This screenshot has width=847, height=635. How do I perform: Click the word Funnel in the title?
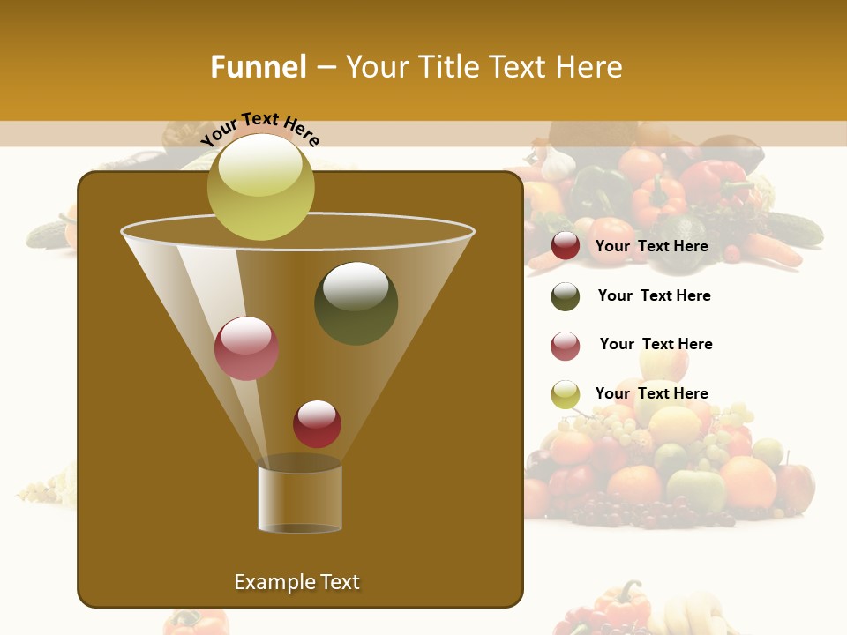(x=258, y=67)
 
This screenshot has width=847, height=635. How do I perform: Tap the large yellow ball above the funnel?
(x=260, y=187)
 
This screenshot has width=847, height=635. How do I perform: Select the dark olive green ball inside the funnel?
(x=356, y=303)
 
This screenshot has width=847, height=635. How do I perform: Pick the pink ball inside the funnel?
(x=246, y=348)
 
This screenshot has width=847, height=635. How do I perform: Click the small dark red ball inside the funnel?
(x=317, y=424)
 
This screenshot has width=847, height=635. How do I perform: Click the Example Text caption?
(x=296, y=582)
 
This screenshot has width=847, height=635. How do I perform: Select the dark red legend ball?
(x=566, y=246)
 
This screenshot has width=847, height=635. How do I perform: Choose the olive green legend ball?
(x=566, y=296)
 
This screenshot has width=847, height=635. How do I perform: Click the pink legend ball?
(x=566, y=346)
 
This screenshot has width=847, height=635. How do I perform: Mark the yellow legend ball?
(x=566, y=394)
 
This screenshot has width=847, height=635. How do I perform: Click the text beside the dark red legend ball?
(x=651, y=246)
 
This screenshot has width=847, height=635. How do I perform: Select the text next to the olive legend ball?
(x=654, y=295)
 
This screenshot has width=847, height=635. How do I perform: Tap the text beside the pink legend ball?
(x=656, y=344)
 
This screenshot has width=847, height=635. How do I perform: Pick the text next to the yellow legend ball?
(x=651, y=393)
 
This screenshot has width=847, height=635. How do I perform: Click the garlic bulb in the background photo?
(x=558, y=163)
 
